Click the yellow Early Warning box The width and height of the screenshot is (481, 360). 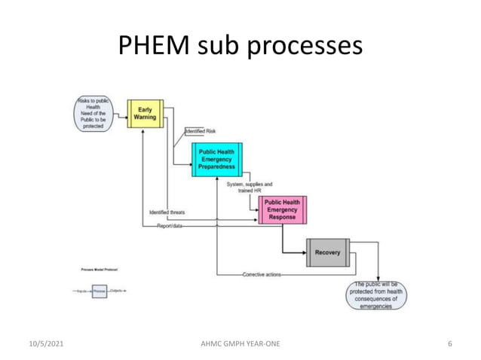pos(145,114)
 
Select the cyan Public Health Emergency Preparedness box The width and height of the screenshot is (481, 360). pos(216,158)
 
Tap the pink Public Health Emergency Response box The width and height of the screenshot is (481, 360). pos(282,210)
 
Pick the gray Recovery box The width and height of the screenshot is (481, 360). pos(328,252)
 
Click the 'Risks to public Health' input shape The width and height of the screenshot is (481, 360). pos(93,114)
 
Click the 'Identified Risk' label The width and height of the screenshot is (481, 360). pos(201,131)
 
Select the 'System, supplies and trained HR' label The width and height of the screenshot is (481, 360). pos(250,187)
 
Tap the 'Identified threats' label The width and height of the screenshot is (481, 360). pos(167,213)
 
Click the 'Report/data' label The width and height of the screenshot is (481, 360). pos(170,225)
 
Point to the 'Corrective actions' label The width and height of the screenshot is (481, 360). pos(262,275)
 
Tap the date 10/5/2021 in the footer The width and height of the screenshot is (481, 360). pos(42,343)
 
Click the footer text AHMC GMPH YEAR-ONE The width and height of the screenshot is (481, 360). pos(239,343)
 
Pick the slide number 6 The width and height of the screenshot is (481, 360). pos(449,343)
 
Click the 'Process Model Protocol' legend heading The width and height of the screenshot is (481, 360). pos(97,268)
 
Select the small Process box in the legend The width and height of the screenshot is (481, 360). pos(100,291)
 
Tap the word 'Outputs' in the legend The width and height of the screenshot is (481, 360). pos(117,291)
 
